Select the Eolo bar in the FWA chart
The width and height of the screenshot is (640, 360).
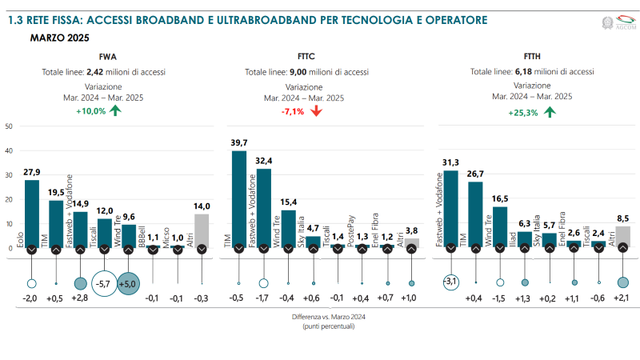coord(31,214)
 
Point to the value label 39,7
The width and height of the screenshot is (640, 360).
coord(239,142)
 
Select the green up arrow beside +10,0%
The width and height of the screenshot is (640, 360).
coord(115,110)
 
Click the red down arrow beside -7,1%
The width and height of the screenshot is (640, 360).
coord(316,110)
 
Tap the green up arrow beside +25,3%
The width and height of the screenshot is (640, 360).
coord(550,111)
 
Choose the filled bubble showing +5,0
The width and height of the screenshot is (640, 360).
coord(130,283)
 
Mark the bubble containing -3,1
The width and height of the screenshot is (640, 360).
coord(451,282)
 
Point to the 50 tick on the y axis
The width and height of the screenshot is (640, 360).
coord(8,126)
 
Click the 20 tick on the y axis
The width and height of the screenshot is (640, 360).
coord(8,200)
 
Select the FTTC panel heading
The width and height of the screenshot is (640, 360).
coord(304,57)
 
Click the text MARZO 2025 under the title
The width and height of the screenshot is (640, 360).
coord(59,37)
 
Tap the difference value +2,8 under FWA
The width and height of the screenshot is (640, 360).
coord(80,298)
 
